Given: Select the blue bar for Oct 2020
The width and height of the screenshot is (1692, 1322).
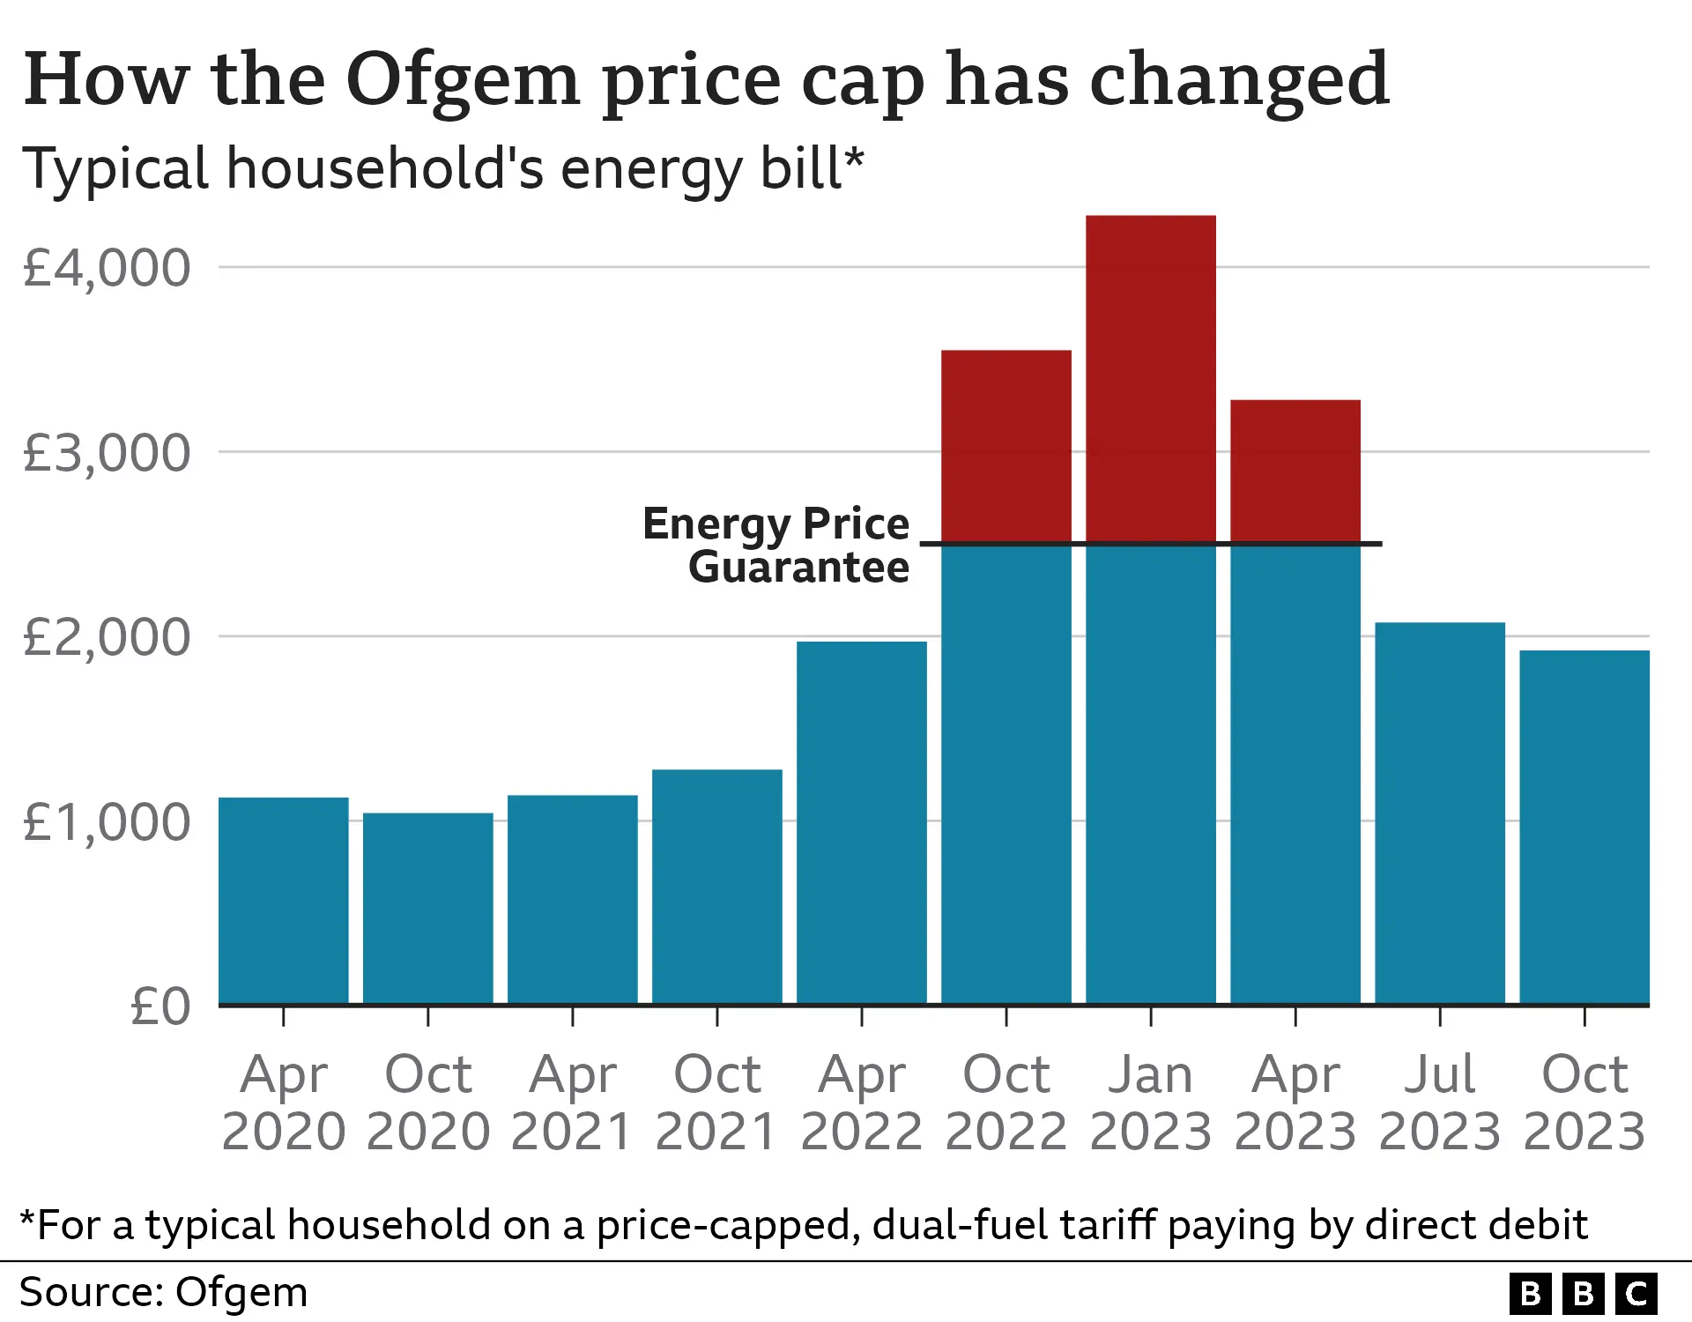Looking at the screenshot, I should (x=427, y=908).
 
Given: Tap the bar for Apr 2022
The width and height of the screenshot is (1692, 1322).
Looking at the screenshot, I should (x=861, y=823).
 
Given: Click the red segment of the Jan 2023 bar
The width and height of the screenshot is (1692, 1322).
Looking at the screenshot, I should (x=1150, y=379).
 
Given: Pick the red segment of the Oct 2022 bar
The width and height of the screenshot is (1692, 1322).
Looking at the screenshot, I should (x=1006, y=446).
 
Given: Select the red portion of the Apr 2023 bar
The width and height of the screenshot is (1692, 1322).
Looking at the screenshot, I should (x=1295, y=472).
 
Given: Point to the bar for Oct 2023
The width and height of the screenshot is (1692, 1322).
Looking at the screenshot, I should (x=1584, y=828).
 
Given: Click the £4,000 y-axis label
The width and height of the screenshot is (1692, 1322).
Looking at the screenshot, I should (x=106, y=268).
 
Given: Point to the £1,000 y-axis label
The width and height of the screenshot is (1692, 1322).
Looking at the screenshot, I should (x=106, y=822).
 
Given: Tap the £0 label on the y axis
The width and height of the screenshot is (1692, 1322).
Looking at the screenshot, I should (x=160, y=1006).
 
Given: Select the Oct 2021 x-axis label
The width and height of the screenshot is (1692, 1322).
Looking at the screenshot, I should (x=716, y=1102).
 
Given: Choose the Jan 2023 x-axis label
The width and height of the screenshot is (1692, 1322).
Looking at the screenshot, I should (x=1150, y=1102).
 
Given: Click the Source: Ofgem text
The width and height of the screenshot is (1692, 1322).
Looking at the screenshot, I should (x=164, y=1293).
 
